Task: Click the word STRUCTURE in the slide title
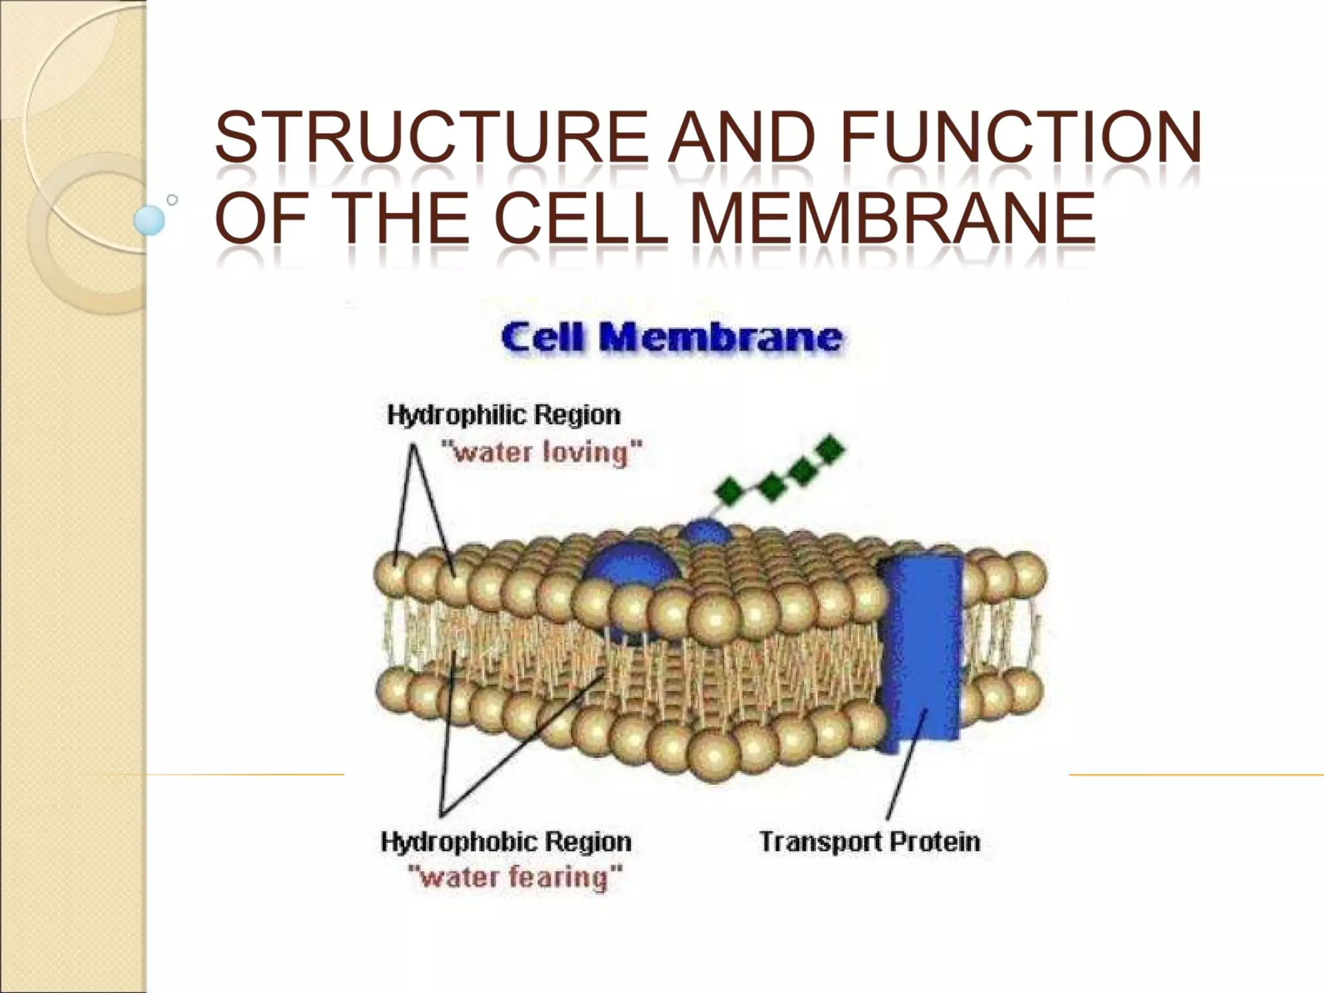(431, 137)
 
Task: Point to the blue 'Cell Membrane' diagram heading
(671, 337)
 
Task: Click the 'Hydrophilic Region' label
(504, 415)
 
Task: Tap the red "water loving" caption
(542, 452)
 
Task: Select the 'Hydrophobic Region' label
(506, 842)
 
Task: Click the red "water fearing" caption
(515, 878)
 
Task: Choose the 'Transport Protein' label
(870, 842)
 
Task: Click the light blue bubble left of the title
(149, 220)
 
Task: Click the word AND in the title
(741, 137)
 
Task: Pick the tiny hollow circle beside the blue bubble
(172, 200)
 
